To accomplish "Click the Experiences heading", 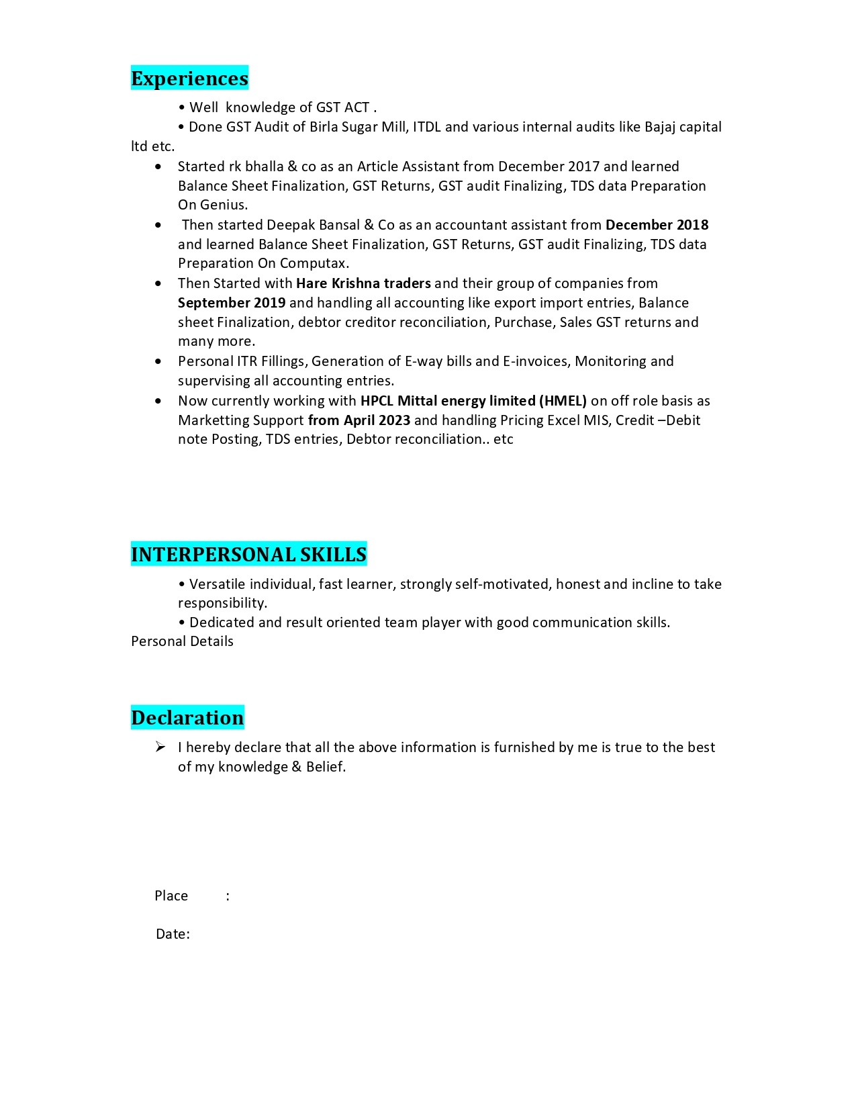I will point(189,79).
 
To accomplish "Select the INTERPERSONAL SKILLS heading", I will point(248,555).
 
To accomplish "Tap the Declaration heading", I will point(187,718).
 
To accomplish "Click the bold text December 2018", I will point(657,225).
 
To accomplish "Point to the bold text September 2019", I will point(232,303).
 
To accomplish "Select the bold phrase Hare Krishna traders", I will point(363,283).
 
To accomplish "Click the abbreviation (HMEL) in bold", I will point(563,401).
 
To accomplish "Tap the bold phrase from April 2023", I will point(359,420).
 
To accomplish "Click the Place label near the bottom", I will point(171,896).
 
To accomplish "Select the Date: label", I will point(173,934).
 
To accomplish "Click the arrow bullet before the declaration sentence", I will point(160,747).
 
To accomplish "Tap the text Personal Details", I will point(182,641).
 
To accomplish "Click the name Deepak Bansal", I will point(313,225).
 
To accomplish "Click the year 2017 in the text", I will point(583,167).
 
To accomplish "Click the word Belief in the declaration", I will point(324,767).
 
